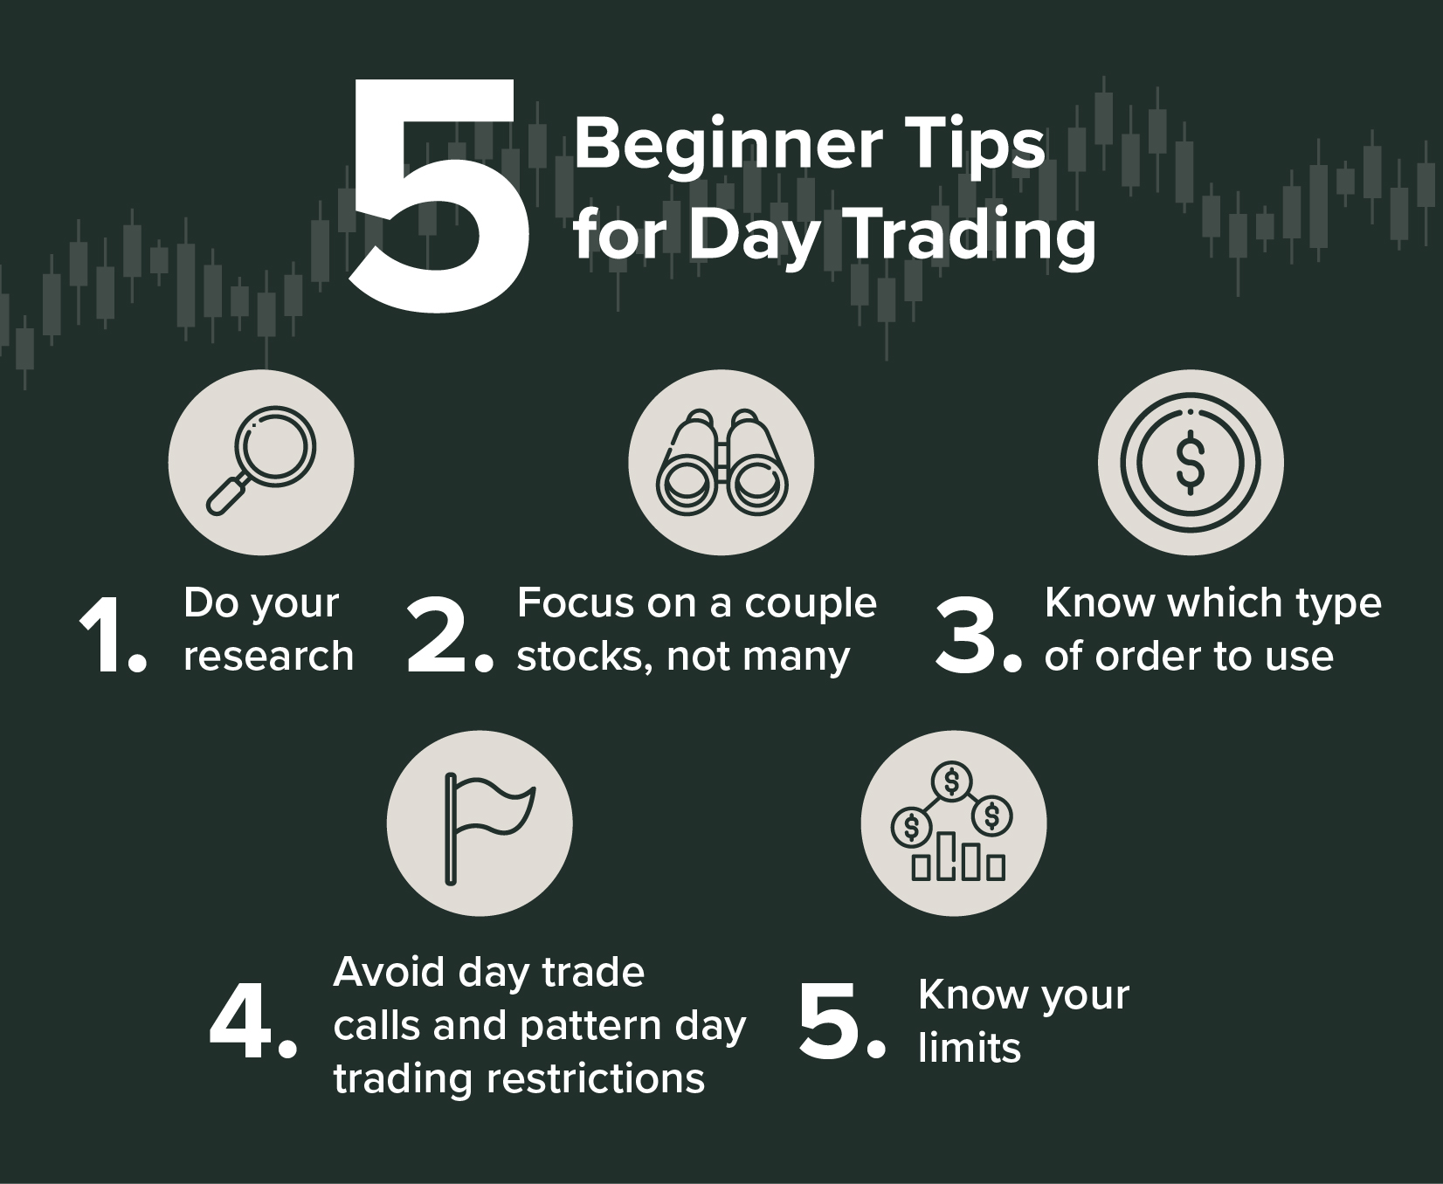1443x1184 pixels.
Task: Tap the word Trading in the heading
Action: [973, 234]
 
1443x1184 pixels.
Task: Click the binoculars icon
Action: [721, 462]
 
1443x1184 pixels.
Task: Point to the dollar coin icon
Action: [1191, 462]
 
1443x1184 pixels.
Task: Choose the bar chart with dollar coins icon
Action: [953, 822]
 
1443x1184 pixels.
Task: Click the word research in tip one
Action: [269, 657]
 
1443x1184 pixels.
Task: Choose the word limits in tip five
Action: [970, 1047]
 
